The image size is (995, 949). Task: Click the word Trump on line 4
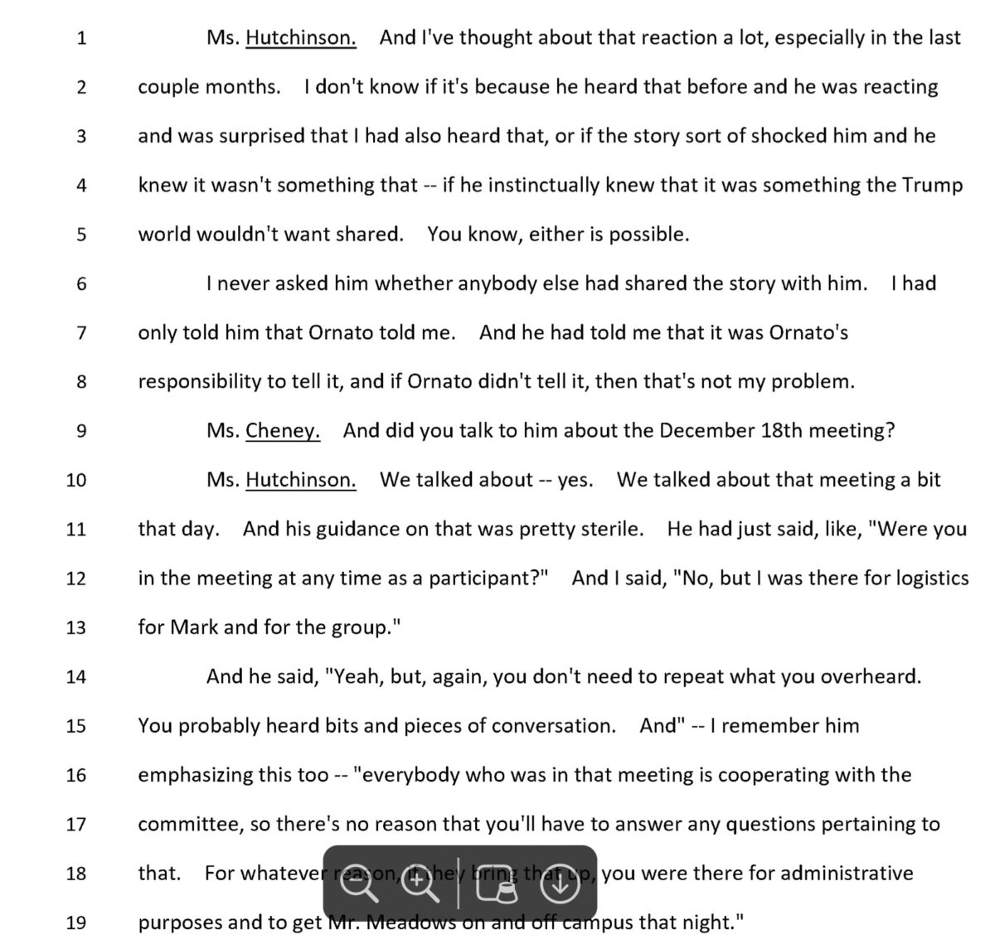coord(932,185)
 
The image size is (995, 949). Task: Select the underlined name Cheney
coord(283,431)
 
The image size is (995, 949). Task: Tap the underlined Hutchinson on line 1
coord(301,38)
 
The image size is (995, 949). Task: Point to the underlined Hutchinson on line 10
coord(301,480)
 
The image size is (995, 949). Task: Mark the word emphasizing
coord(189,775)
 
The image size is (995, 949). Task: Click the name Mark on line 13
coord(194,627)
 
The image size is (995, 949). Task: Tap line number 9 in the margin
coord(80,431)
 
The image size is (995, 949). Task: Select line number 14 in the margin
coord(75,676)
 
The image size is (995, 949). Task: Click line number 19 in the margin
coord(75,922)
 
